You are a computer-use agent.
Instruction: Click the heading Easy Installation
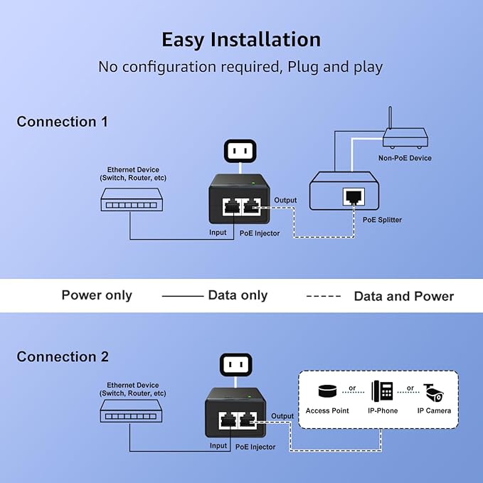241,39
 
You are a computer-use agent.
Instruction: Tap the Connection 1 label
63,122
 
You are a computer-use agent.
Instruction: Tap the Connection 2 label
63,356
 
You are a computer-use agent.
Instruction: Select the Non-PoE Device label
405,158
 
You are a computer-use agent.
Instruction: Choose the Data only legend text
238,295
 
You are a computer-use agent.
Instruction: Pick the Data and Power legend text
403,296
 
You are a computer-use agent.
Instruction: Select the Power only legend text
97,295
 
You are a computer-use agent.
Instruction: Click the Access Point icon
327,392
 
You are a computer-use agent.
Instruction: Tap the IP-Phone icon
382,392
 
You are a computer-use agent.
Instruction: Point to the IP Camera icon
433,392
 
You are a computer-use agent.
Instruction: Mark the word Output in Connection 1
285,201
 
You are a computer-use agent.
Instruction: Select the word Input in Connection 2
218,446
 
